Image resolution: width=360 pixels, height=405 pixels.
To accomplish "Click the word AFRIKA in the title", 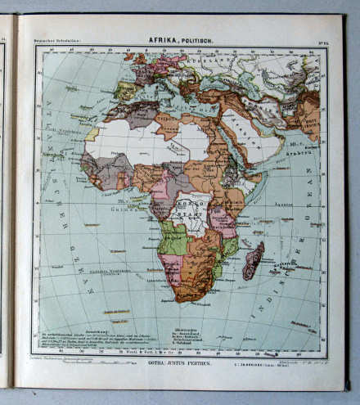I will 162,38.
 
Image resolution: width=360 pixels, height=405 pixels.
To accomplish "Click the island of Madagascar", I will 253,259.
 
